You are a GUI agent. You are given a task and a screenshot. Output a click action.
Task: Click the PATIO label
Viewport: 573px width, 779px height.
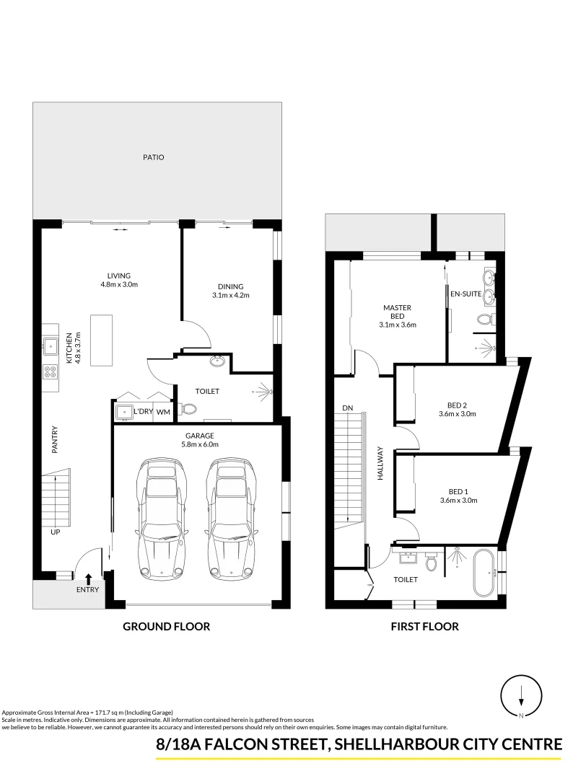pos(154,157)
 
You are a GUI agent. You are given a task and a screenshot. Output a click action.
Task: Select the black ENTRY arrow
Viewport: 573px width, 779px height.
pos(88,578)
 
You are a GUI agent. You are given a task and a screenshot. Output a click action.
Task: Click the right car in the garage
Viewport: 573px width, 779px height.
pos(231,519)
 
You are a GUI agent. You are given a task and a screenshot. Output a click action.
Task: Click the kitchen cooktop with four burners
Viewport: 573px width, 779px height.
pos(51,372)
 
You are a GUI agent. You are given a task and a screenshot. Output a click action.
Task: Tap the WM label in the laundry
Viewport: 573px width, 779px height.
pos(163,412)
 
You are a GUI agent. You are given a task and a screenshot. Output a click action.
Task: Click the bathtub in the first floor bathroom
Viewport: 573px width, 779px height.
pos(482,573)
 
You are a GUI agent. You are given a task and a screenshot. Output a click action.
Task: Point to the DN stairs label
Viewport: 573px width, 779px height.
pos(347,408)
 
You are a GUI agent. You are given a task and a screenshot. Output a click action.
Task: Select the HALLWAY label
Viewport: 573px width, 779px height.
pos(380,465)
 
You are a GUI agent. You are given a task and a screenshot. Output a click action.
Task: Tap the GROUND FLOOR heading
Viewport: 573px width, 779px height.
pos(166,626)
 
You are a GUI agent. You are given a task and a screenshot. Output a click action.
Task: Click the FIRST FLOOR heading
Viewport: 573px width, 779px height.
pos(424,626)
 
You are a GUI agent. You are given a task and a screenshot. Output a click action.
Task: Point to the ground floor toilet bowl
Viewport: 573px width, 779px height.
pos(190,409)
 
